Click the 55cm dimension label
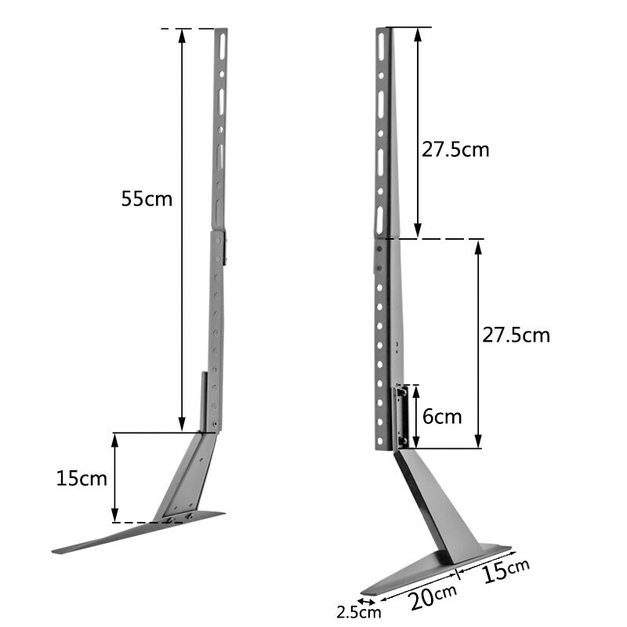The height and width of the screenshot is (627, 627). click(147, 198)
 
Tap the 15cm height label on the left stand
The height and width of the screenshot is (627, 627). click(82, 478)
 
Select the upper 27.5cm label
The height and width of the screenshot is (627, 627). click(455, 150)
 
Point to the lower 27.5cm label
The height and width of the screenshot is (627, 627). click(516, 335)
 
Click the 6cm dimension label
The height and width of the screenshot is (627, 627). click(442, 416)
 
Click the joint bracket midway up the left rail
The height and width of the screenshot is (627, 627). click(222, 245)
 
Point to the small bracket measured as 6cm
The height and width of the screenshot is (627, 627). click(400, 416)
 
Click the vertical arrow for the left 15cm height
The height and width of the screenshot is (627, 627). click(115, 477)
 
